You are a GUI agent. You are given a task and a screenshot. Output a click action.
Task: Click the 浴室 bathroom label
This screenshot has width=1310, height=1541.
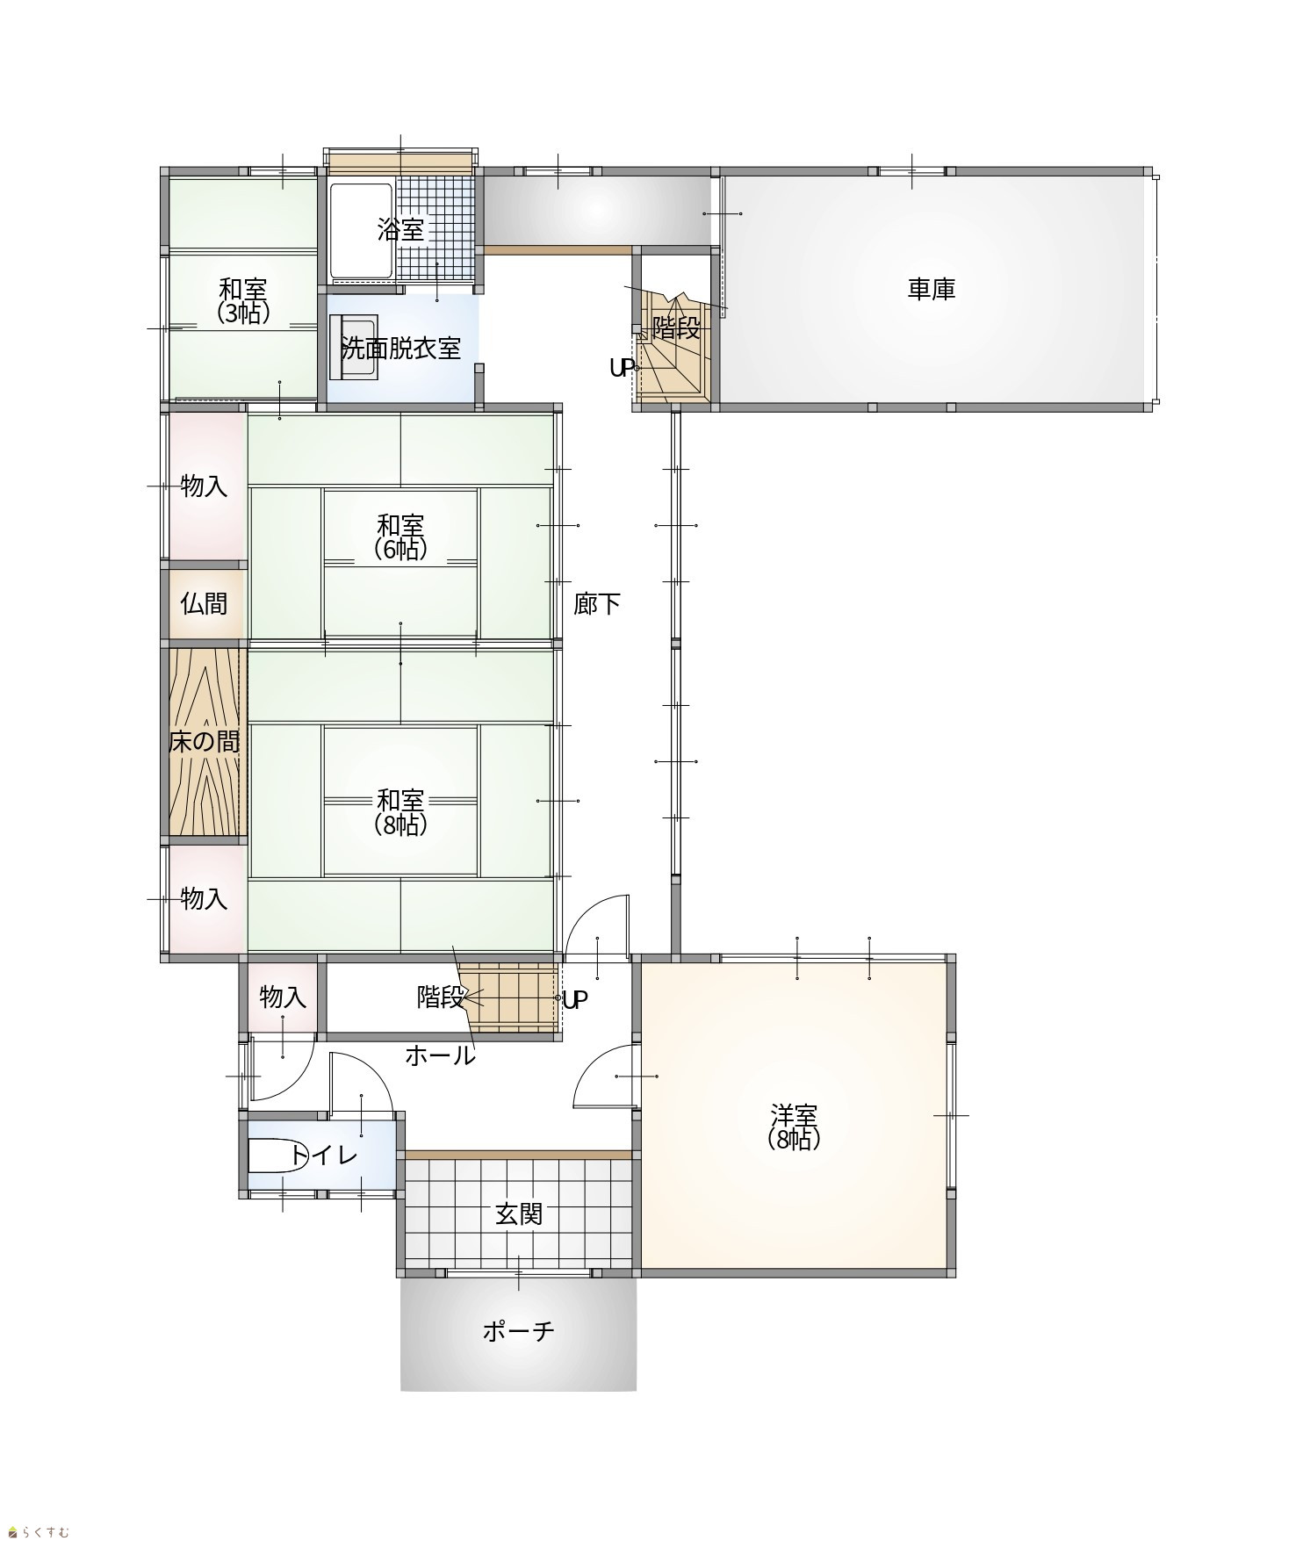pos(400,230)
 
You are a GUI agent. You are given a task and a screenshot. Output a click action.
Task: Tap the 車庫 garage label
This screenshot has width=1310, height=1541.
pos(932,289)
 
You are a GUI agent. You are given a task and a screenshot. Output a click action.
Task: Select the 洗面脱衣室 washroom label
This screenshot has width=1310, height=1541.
pos(400,349)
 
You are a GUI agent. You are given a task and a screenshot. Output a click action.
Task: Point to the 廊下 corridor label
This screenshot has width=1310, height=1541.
pos(597,603)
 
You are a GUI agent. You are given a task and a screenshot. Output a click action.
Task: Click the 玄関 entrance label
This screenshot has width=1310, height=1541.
pos(519,1213)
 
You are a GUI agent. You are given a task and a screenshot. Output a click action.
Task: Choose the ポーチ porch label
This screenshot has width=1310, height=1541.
pos(518,1331)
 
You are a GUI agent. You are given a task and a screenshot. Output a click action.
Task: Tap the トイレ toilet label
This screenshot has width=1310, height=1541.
pos(324,1156)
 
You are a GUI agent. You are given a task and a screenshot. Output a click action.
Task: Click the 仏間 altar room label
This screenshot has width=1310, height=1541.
pos(204,603)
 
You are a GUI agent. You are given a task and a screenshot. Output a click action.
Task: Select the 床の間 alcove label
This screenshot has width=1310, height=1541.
pos(204,742)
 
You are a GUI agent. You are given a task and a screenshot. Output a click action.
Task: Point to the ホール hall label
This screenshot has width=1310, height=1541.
pos(440,1055)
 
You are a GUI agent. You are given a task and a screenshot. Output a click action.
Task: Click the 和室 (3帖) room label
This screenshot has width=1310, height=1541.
pos(243,300)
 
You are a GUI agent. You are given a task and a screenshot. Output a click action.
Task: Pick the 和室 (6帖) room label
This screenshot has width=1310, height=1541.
pos(401,537)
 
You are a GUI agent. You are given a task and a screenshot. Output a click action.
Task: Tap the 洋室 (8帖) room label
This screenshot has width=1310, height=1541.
pos(795,1127)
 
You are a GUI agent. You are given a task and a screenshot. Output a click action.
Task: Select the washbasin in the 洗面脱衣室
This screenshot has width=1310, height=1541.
pos(353,346)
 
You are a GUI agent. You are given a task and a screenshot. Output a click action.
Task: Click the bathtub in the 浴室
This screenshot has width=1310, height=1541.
pos(362,231)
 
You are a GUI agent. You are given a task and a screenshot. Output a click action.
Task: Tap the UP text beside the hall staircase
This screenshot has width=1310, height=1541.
pos(574,999)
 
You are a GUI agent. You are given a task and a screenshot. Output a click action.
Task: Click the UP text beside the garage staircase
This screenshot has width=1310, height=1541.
pos(621,368)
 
